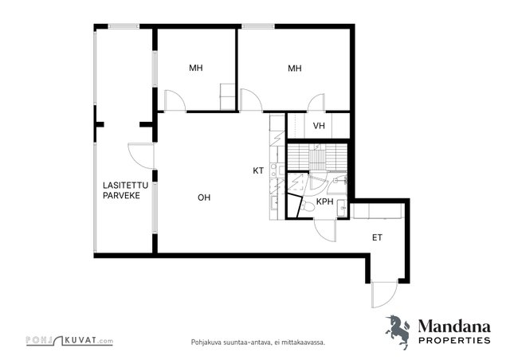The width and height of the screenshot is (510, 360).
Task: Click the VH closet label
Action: click(x=319, y=126)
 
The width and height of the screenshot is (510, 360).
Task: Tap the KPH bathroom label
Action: click(x=325, y=202)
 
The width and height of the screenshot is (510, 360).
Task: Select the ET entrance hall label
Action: click(x=377, y=237)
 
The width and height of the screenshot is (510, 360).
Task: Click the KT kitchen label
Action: click(x=258, y=170)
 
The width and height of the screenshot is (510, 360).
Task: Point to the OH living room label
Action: click(x=204, y=198)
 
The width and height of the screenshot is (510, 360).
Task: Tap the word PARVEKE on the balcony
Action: click(x=121, y=195)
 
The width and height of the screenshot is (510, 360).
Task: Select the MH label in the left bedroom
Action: click(x=196, y=68)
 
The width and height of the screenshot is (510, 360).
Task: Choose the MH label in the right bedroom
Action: click(x=295, y=68)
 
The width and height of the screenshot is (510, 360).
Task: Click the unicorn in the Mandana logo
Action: click(x=398, y=331)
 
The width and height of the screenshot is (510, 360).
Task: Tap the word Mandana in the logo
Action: click(x=454, y=327)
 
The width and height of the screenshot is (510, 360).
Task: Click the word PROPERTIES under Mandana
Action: click(x=454, y=341)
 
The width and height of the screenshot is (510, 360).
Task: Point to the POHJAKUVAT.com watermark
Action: click(x=69, y=341)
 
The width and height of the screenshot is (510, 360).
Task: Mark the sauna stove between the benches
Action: click(x=317, y=156)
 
